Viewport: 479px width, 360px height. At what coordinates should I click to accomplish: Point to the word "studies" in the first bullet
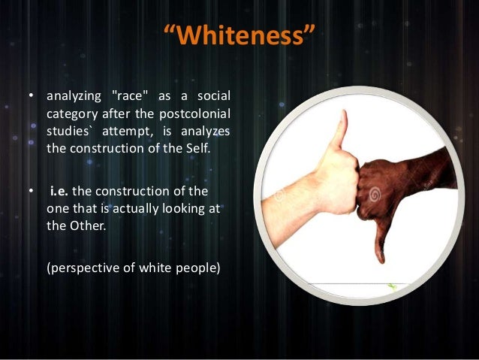[x=69, y=131]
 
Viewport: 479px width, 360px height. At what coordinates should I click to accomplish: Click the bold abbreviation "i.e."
[x=60, y=193]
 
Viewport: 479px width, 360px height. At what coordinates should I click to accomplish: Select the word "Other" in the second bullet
[x=83, y=227]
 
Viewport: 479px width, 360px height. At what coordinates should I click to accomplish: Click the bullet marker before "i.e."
[x=31, y=194]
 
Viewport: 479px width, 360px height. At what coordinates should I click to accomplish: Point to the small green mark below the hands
[x=390, y=286]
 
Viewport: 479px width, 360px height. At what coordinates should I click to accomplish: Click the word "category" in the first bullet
[x=72, y=114]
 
